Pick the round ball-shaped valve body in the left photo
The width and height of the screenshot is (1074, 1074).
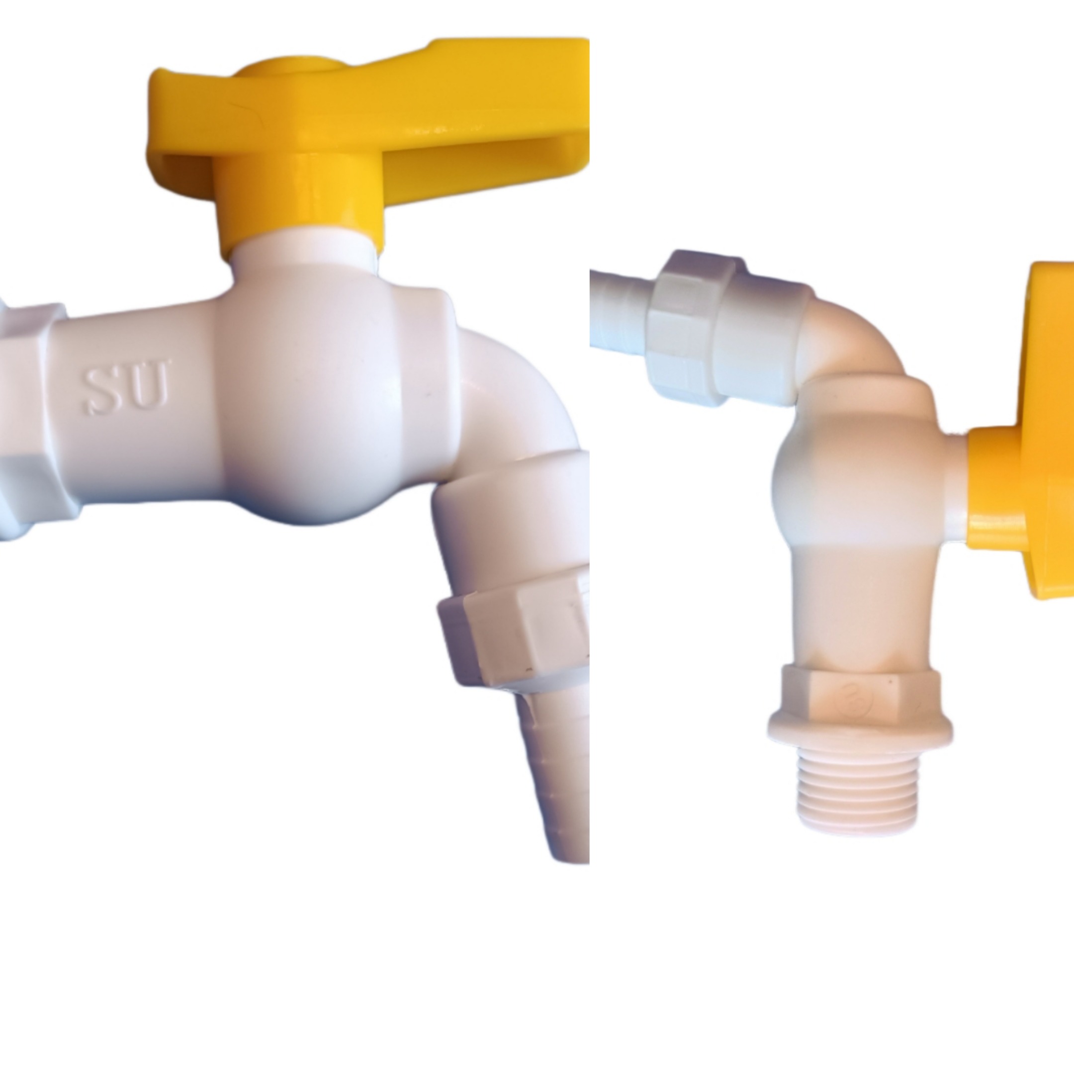[322, 397]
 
